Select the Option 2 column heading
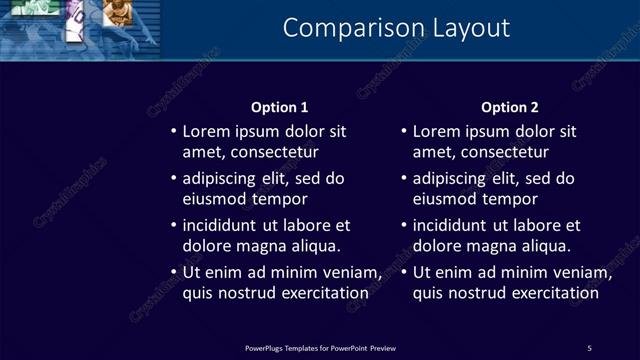(x=509, y=107)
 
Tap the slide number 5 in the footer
(x=589, y=347)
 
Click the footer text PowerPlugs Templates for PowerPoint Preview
(x=320, y=347)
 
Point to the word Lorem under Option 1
(x=206, y=131)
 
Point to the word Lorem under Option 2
(x=437, y=131)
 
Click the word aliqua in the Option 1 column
(x=315, y=246)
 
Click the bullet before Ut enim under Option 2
(x=403, y=272)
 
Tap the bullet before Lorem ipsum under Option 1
(x=172, y=131)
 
